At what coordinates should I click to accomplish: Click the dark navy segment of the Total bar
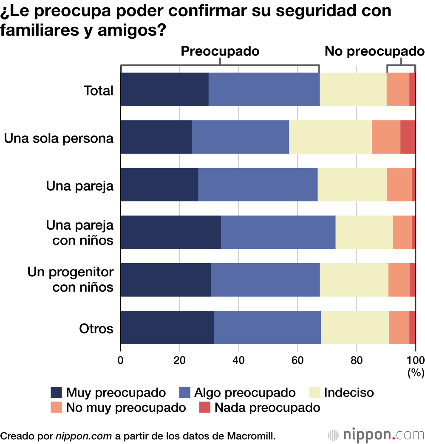pyautogui.click(x=164, y=89)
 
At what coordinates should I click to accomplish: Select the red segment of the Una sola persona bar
pyautogui.click(x=408, y=137)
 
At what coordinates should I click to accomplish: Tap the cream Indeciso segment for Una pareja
pyautogui.click(x=352, y=185)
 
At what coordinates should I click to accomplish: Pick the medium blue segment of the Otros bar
pyautogui.click(x=267, y=327)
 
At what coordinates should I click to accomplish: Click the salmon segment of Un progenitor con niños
pyautogui.click(x=399, y=280)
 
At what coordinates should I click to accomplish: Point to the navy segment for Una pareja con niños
pyautogui.click(x=171, y=232)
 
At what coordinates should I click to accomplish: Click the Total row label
pyautogui.click(x=99, y=90)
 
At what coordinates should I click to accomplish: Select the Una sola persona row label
pyautogui.click(x=59, y=138)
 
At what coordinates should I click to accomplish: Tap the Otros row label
pyautogui.click(x=96, y=329)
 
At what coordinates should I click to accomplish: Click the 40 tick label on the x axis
pyautogui.click(x=238, y=360)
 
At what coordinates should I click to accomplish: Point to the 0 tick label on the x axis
pyautogui.click(x=121, y=360)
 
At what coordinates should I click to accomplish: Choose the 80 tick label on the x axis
pyautogui.click(x=357, y=360)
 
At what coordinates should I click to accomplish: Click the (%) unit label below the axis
pyautogui.click(x=416, y=373)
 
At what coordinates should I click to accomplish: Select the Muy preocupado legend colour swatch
pyautogui.click(x=57, y=392)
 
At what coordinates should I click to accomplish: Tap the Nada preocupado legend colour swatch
pyautogui.click(x=205, y=408)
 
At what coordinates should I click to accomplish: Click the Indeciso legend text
pyautogui.click(x=348, y=392)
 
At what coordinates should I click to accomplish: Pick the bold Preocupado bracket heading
pyautogui.click(x=220, y=51)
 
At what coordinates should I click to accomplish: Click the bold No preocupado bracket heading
pyautogui.click(x=374, y=51)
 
